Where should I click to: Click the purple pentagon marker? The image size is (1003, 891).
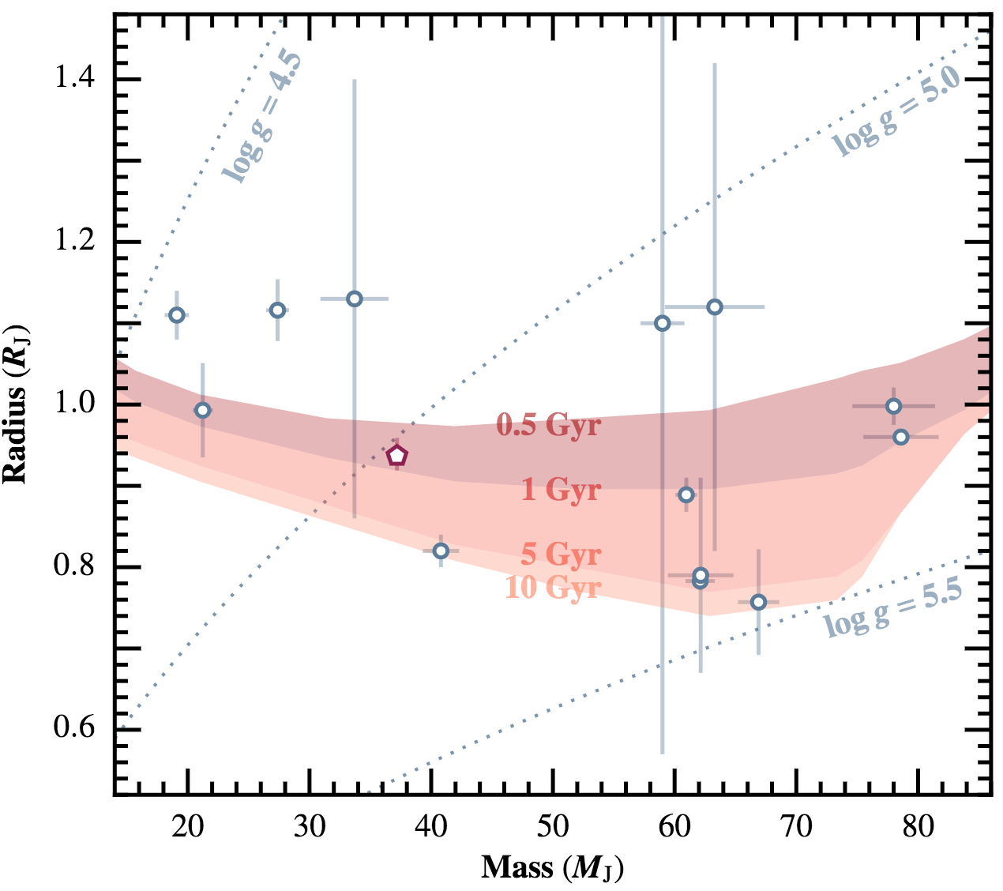[x=396, y=455]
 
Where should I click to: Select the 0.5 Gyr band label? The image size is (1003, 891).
[x=548, y=425]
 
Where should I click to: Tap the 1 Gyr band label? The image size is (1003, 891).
[x=561, y=491]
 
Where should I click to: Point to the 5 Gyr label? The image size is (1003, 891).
[x=561, y=555]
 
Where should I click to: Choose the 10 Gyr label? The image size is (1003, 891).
[x=553, y=588]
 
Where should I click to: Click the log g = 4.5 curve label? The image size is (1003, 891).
[x=261, y=118]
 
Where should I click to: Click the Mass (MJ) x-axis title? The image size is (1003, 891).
[x=552, y=868]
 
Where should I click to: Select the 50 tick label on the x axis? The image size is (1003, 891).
[x=552, y=828]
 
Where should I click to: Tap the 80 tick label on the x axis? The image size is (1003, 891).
[x=918, y=828]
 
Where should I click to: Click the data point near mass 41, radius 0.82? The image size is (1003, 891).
[x=441, y=551]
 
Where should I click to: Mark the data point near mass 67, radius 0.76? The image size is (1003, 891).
[x=758, y=603]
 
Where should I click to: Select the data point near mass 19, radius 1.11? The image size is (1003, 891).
[x=177, y=315]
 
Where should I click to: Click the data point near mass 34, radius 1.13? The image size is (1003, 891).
[x=355, y=299]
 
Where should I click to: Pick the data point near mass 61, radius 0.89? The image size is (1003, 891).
[x=686, y=494]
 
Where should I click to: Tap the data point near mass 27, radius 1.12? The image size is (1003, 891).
[x=277, y=310]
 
